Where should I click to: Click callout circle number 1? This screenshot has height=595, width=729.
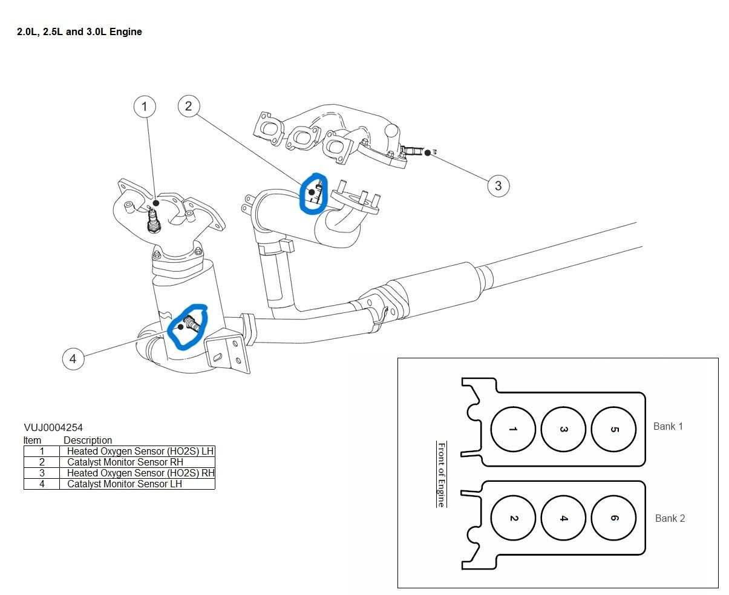point(144,107)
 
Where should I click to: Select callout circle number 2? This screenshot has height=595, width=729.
point(189,106)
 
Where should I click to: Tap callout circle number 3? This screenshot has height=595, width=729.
point(498,185)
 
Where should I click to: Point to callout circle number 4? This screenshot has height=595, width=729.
point(73,358)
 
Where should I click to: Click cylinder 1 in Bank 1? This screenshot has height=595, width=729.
point(513,429)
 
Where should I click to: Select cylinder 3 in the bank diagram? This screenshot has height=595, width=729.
point(563,429)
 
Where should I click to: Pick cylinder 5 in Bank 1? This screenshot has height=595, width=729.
point(613,429)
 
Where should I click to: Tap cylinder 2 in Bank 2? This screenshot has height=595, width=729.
point(513,518)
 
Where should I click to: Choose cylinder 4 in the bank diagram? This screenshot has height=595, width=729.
point(563,518)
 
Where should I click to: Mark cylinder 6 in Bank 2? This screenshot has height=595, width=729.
point(613,518)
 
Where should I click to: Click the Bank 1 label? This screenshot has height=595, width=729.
point(668,426)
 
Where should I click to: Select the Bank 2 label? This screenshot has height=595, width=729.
point(670,518)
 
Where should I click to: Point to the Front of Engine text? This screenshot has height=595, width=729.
point(442,474)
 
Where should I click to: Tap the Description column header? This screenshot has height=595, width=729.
point(88,440)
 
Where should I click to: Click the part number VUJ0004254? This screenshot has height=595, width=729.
point(53,428)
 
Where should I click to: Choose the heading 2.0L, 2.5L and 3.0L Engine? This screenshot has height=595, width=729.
point(79,31)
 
